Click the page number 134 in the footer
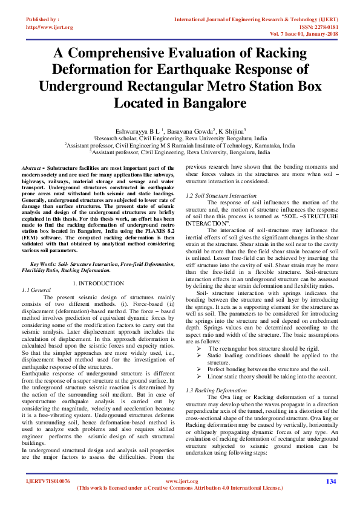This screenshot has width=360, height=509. [330, 481]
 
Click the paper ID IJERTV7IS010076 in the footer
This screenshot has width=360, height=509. [48, 481]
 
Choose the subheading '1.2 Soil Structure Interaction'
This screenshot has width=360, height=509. [221, 196]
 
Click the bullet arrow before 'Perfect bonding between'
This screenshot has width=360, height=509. [200, 369]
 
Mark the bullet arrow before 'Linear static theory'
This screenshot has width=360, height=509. [200, 376]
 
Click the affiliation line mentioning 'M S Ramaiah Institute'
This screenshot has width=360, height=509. [180, 146]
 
